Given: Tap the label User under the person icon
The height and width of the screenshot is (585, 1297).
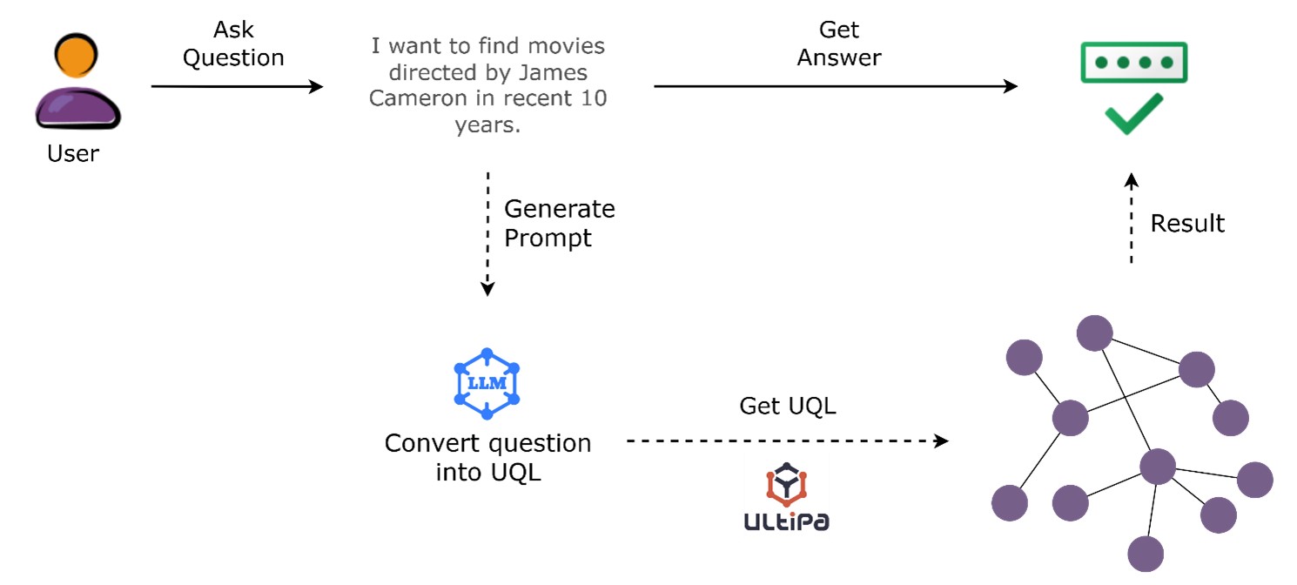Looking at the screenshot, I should coord(73,154).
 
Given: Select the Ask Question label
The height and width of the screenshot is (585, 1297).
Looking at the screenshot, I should coord(233,44).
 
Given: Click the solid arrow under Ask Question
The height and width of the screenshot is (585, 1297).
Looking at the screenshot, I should coord(236,86).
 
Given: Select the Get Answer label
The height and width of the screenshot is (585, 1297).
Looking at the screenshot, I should coord(839,44).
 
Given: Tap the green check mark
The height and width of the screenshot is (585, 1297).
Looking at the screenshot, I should coord(1133,114).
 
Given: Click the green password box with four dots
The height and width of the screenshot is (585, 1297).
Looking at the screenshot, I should coord(1133,64).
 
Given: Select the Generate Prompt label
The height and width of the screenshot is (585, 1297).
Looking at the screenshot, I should coord(559,224).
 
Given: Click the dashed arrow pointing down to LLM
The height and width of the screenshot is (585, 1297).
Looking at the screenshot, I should coord(487,235).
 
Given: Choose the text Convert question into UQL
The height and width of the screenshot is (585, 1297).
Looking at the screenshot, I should coord(487,458).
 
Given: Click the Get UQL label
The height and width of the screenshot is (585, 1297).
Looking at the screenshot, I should coord(787,406).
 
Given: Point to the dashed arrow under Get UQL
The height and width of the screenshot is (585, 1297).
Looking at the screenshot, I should coord(787,441).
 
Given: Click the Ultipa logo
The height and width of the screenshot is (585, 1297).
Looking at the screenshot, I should coord(786,497).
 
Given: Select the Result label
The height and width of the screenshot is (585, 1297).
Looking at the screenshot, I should coord(1186,224).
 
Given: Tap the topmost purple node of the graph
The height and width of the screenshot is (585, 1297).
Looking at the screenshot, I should coord(1094,333).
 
